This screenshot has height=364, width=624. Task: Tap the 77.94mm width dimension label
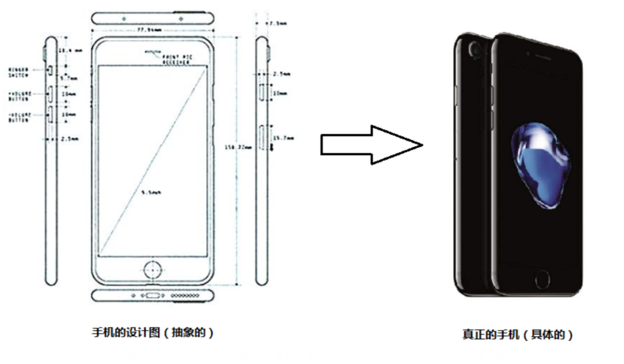[x=151, y=29]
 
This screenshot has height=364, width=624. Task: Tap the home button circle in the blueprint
[x=153, y=267]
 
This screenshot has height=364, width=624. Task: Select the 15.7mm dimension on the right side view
[x=282, y=138]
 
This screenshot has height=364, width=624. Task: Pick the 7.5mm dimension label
[x=279, y=23]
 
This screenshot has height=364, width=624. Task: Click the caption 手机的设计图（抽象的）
[x=153, y=332]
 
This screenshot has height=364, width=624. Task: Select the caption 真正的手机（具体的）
[x=518, y=334]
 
